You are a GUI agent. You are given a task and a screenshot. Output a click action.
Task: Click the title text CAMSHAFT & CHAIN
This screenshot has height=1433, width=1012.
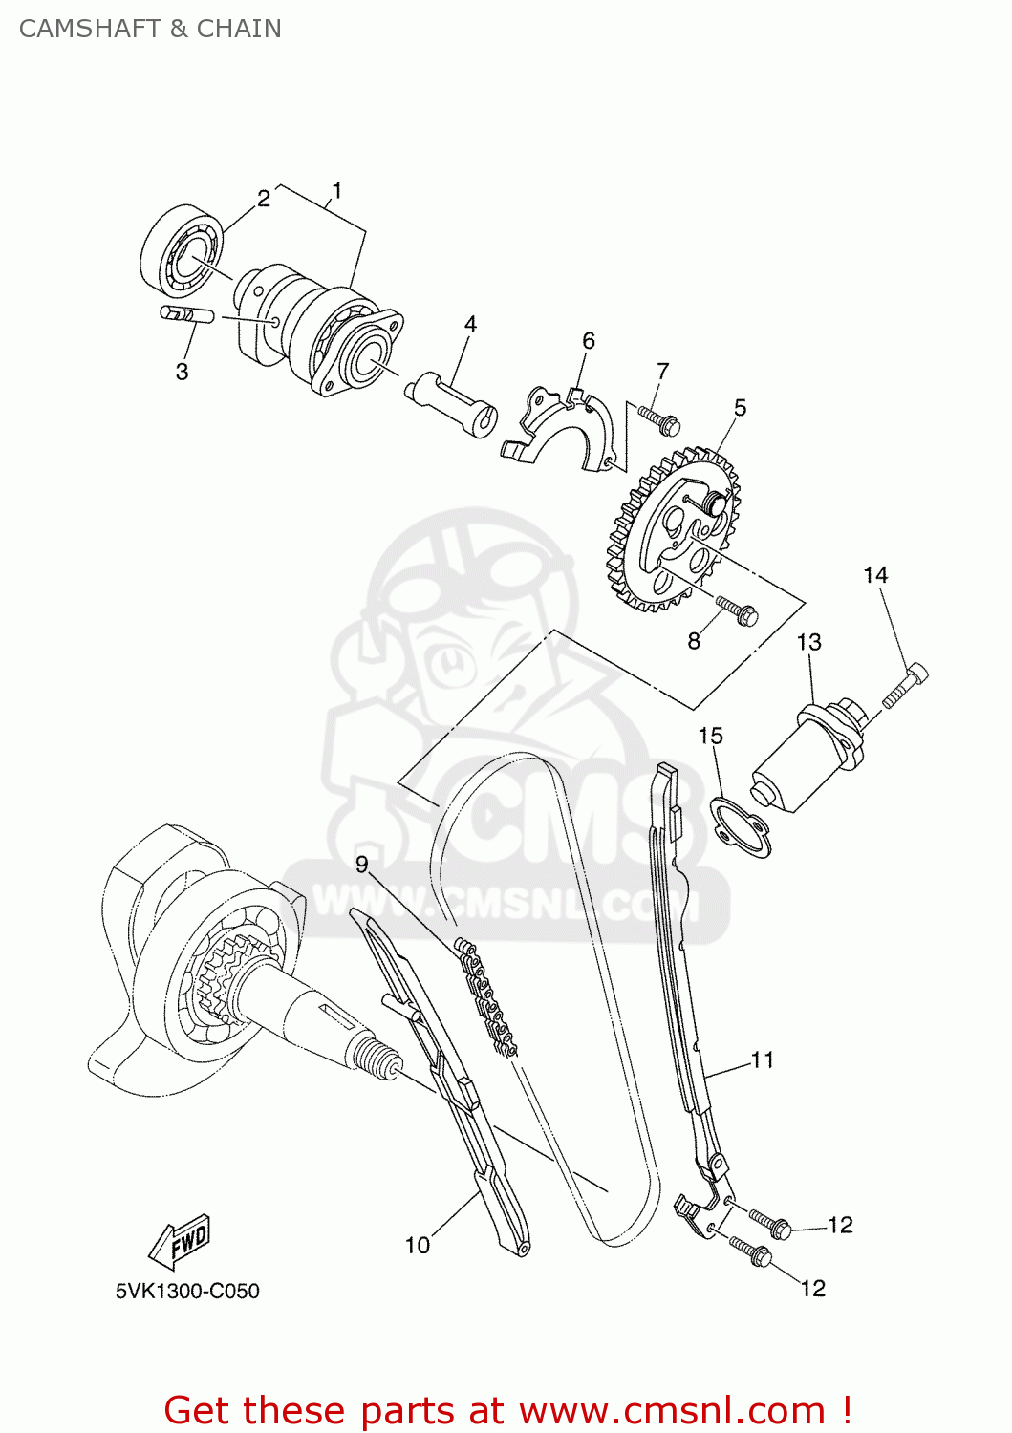(x=150, y=29)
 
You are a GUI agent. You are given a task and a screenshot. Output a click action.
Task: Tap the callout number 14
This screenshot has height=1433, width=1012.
(x=874, y=575)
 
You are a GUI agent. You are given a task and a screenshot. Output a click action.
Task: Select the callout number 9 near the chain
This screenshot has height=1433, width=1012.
(x=361, y=865)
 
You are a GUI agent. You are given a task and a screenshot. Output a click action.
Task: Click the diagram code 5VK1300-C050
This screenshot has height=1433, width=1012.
(x=187, y=1292)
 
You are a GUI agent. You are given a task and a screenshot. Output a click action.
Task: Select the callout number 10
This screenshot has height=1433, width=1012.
(x=418, y=1246)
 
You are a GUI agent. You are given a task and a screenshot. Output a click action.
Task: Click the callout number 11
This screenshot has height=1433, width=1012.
(x=762, y=1060)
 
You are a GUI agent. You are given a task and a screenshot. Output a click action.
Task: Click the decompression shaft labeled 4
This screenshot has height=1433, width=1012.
(x=450, y=401)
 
